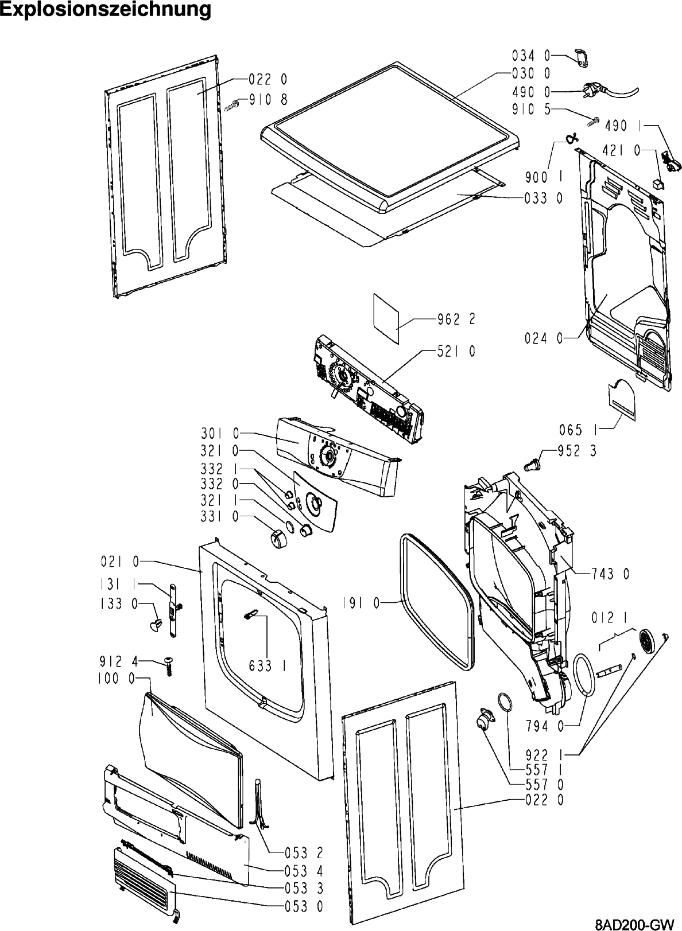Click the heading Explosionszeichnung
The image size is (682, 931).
(106, 10)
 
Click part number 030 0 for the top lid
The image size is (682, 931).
(531, 73)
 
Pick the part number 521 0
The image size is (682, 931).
(456, 351)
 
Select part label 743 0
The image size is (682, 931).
(610, 572)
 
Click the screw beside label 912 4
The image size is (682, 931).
(168, 667)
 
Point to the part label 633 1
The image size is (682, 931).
(268, 665)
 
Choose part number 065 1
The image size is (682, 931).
(578, 429)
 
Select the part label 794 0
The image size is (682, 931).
(544, 726)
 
